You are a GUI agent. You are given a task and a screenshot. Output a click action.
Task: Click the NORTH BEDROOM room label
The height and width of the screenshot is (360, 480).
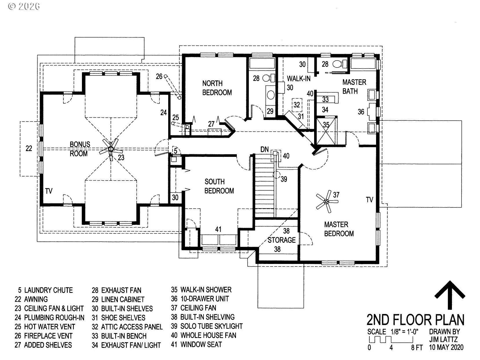tap(217, 88)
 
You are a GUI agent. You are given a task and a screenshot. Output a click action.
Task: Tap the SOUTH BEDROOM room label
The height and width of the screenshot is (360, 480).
tap(219, 186)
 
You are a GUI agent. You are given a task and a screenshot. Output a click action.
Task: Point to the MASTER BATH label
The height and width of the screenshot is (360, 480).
tap(354, 87)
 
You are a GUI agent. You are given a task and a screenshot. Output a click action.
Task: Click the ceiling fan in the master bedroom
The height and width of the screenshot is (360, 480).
tap(327, 201)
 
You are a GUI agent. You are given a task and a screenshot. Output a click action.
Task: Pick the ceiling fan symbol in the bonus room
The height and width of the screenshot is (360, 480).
tap(111, 150)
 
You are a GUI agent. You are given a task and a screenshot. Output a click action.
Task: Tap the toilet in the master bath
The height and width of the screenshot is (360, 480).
tap(340, 64)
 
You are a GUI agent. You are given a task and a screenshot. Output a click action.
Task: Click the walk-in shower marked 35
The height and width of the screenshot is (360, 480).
tap(326, 131)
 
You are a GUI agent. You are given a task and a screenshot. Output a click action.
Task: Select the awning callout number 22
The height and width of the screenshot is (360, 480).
tap(29, 148)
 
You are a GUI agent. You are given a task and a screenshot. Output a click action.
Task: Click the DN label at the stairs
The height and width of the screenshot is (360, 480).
tap(264, 150)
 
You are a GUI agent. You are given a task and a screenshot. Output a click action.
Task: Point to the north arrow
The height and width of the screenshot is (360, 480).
tap(450, 295)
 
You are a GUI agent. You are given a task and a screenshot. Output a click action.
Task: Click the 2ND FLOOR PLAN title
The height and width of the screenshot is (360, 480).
tap(415, 320)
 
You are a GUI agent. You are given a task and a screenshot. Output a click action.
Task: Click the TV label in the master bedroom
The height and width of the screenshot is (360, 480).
tap(370, 200)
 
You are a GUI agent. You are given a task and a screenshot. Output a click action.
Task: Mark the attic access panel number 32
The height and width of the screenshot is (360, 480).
tap(297, 105)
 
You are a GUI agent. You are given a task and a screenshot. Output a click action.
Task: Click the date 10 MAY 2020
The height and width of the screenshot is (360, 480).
tap(446, 347)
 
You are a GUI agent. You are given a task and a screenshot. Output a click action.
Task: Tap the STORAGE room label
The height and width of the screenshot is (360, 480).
tap(282, 240)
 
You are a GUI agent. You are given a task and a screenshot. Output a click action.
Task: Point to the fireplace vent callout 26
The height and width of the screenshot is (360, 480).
tap(159, 76)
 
